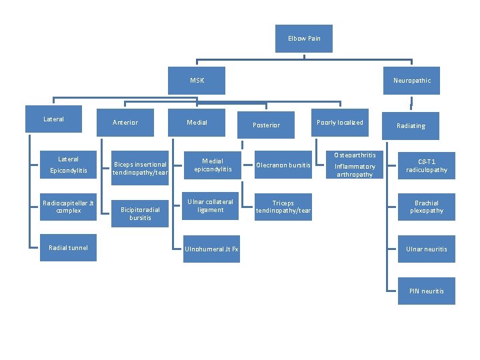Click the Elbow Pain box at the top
(x=304, y=39)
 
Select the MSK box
(x=197, y=81)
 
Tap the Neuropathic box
(x=411, y=81)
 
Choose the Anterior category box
(x=125, y=123)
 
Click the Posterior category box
(x=266, y=125)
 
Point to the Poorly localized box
(x=340, y=123)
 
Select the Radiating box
(x=411, y=126)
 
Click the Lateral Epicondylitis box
(x=68, y=165)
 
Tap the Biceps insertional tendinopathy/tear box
(x=140, y=169)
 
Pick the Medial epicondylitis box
(x=213, y=165)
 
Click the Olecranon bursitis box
(x=283, y=165)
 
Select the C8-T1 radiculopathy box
(x=427, y=166)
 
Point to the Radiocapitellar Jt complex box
(x=68, y=207)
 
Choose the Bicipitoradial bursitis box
(x=140, y=213)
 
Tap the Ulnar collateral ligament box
(x=211, y=206)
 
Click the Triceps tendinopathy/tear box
(x=283, y=207)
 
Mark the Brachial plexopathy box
(x=427, y=207)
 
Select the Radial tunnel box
(x=68, y=248)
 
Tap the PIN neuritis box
(x=427, y=291)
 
